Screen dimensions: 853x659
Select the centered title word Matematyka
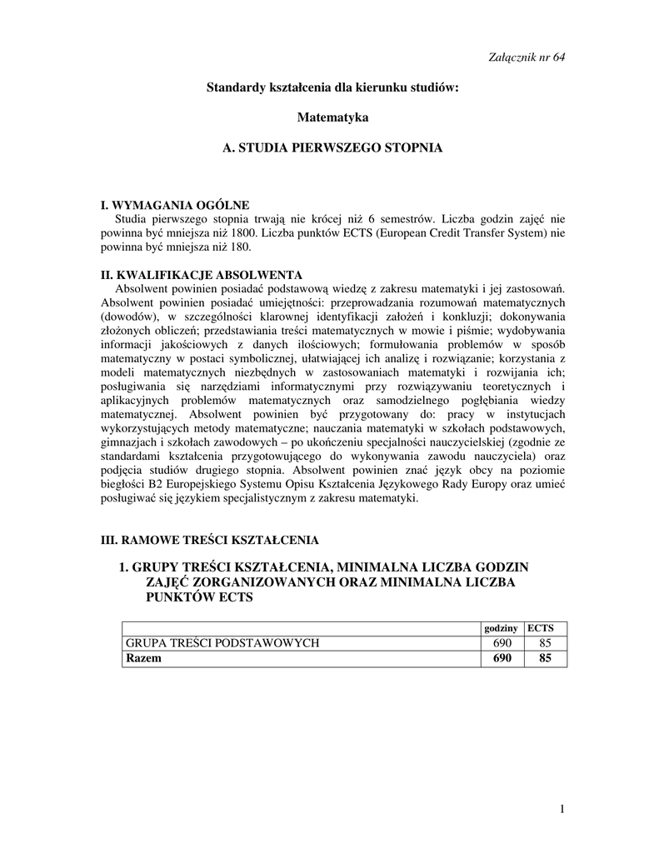(x=332, y=117)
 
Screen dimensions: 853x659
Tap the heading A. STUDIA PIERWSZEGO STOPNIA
(x=332, y=147)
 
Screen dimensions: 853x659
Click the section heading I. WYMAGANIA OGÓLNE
(x=174, y=205)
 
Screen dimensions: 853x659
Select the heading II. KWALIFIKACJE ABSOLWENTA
(x=201, y=275)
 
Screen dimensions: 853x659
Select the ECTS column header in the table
(x=546, y=627)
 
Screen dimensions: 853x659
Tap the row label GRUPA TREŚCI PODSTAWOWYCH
(x=222, y=642)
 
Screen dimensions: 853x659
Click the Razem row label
(x=142, y=658)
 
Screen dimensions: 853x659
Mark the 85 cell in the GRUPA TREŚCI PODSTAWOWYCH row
(x=546, y=642)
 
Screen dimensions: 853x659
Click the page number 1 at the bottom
(x=562, y=809)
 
